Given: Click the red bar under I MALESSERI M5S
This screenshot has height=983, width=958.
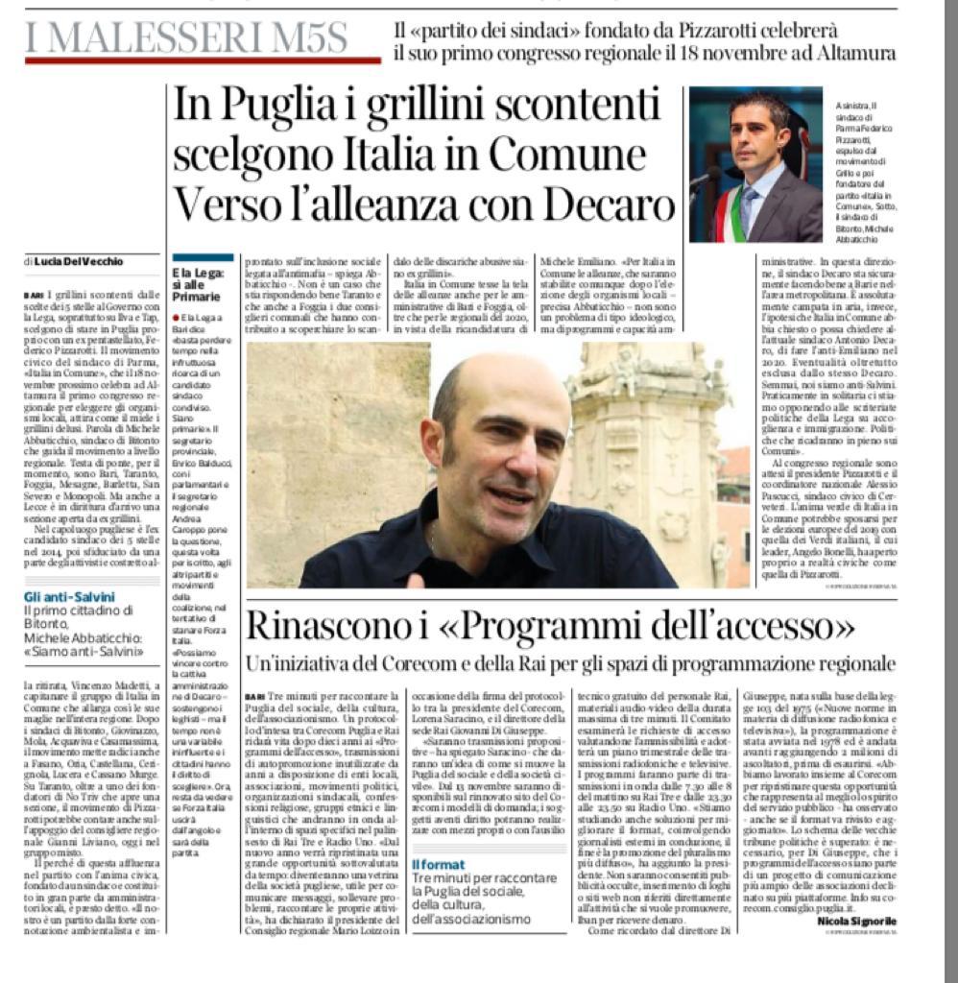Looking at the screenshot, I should coord(202,60).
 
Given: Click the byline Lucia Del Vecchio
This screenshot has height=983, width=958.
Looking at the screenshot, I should coord(80,261).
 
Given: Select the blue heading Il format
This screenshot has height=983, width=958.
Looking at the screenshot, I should coord(438,864).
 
